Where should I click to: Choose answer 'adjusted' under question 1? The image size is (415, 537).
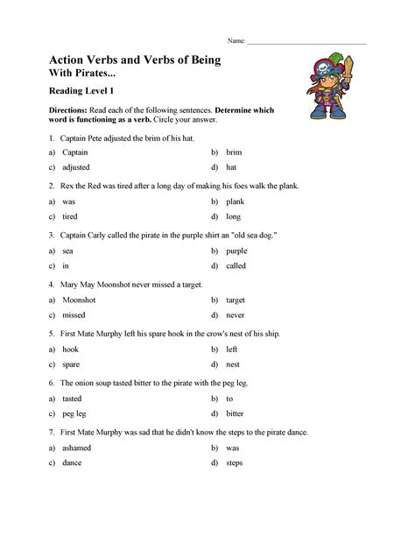(76, 166)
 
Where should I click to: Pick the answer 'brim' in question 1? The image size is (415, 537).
(234, 152)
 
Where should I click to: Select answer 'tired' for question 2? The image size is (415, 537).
(69, 216)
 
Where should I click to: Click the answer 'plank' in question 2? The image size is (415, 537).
(236, 201)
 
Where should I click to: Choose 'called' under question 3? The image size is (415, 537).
(236, 265)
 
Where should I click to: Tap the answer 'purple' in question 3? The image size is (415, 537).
(237, 251)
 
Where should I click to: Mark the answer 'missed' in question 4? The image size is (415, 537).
(74, 314)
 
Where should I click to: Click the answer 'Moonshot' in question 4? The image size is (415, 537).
(79, 300)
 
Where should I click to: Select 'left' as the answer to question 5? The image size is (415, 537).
(232, 349)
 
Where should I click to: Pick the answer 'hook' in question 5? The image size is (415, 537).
(71, 349)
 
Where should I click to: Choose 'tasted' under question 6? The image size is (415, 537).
(73, 398)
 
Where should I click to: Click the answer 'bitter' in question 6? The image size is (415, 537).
(236, 413)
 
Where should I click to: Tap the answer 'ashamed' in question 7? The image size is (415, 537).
(77, 447)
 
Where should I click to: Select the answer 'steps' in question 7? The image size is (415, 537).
(235, 462)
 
